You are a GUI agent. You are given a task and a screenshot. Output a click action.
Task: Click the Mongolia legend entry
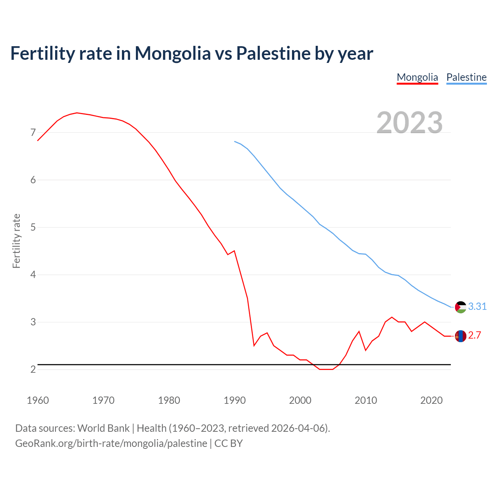point(417,77)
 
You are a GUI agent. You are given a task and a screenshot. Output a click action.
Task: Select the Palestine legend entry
point(466,77)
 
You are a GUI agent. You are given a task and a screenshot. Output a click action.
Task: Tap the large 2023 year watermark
point(410,123)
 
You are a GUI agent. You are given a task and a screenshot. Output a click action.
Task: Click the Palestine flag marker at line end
point(461,307)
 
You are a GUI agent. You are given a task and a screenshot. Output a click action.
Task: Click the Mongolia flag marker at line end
point(461,336)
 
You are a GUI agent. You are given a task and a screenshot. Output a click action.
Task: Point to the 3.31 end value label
point(477,306)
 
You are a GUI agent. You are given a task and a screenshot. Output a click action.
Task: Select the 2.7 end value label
point(474,335)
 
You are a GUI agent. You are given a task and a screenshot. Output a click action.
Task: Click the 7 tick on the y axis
point(33,133)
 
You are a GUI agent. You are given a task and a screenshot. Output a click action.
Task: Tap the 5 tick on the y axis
point(33,227)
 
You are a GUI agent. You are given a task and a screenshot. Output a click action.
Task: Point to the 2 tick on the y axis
point(33,369)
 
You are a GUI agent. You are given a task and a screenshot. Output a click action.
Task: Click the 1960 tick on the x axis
point(38,400)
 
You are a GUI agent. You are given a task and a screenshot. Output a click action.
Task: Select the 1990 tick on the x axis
point(235,400)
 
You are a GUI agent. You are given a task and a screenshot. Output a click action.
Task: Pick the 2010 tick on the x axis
point(366,400)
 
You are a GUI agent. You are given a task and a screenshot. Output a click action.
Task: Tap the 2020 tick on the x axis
point(431,400)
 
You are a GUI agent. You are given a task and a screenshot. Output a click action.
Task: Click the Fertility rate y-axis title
point(16,241)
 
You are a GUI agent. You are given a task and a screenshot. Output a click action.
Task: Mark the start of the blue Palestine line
point(235,141)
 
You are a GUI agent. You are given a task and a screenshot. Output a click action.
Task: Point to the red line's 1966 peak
point(77,113)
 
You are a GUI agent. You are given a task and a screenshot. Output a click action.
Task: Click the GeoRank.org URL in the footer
point(111,443)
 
